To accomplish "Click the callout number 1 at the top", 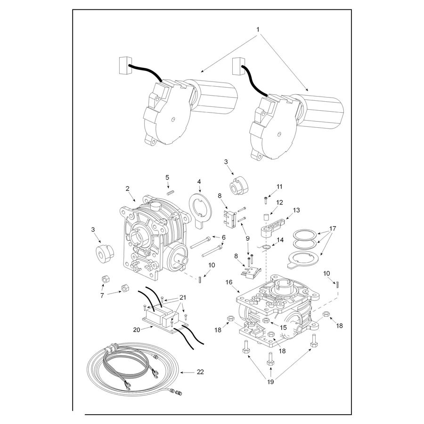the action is pyautogui.click(x=258, y=29).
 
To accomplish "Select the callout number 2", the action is pyautogui.click(x=127, y=188).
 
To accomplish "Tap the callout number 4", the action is pyautogui.click(x=199, y=181).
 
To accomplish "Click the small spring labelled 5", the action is pyautogui.click(x=171, y=192).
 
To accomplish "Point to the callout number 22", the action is pyautogui.click(x=200, y=372).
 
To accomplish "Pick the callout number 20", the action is pyautogui.click(x=137, y=330).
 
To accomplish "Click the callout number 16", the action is pyautogui.click(x=229, y=282).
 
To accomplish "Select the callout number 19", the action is pyautogui.click(x=270, y=382).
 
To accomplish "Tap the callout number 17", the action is pyautogui.click(x=333, y=228).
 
